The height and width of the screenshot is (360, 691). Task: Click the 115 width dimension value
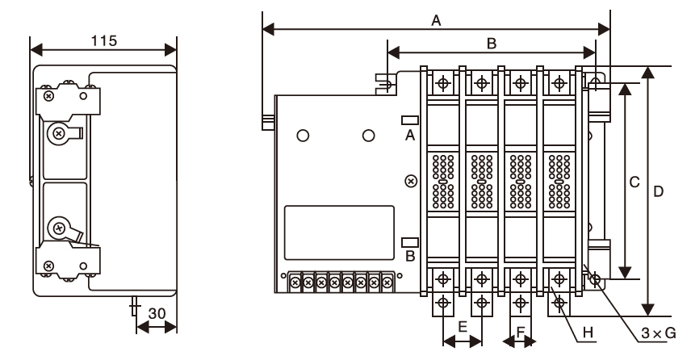pos(104,41)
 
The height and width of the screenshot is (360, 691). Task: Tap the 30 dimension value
pos(157,314)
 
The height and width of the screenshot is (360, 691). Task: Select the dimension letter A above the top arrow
pos(436,20)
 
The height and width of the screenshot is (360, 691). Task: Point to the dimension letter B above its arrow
pos(492,43)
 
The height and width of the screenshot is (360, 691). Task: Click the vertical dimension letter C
pos(634,182)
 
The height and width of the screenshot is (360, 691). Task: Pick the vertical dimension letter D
pos(658,191)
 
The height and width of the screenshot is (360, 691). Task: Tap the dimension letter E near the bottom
pos(463,327)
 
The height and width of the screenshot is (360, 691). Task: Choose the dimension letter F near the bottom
pos(520,332)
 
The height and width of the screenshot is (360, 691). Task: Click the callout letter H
pos(588,333)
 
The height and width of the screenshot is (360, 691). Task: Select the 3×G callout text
pos(659,333)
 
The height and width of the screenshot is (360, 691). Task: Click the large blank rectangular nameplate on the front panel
pos(339,232)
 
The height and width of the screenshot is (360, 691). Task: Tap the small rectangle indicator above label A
pos(410,119)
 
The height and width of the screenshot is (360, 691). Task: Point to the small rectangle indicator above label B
pos(410,242)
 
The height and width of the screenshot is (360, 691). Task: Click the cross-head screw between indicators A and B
pos(411,181)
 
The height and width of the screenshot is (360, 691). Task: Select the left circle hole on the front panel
pos(303,136)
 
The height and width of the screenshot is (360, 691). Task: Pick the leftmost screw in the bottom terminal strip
pos(295,283)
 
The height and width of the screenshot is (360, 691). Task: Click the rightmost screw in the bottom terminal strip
pos(387,283)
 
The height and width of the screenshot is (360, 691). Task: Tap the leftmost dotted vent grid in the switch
pos(443,181)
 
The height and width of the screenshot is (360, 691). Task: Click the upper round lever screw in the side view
pos(58,133)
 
